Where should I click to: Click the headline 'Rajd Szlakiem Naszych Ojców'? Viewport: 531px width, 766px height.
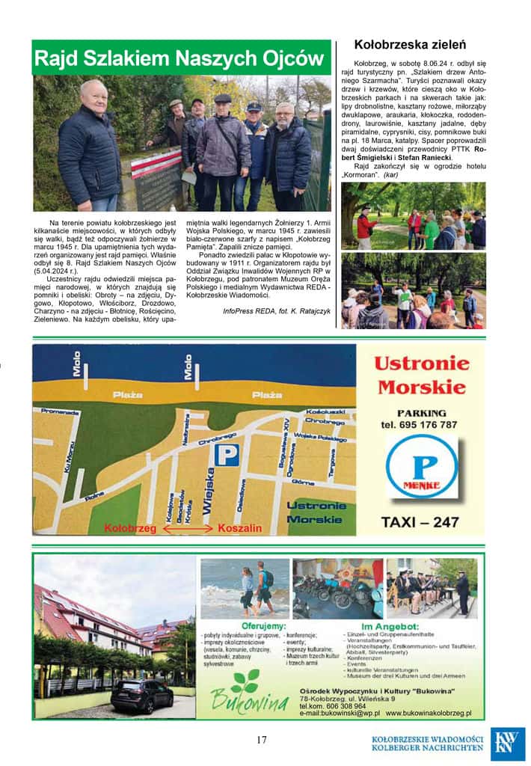click(180, 58)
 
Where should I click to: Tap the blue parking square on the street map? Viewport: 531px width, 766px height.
click(227, 454)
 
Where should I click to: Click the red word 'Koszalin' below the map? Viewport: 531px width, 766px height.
click(239, 528)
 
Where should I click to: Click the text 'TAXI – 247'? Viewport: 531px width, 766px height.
click(420, 522)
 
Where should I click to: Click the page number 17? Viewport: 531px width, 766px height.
click(261, 740)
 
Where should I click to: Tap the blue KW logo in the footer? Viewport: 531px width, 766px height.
click(508, 744)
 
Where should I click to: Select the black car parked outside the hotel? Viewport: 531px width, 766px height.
click(141, 696)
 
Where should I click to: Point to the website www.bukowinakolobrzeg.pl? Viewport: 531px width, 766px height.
click(428, 714)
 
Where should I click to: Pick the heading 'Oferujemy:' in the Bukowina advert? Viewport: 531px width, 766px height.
click(261, 625)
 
